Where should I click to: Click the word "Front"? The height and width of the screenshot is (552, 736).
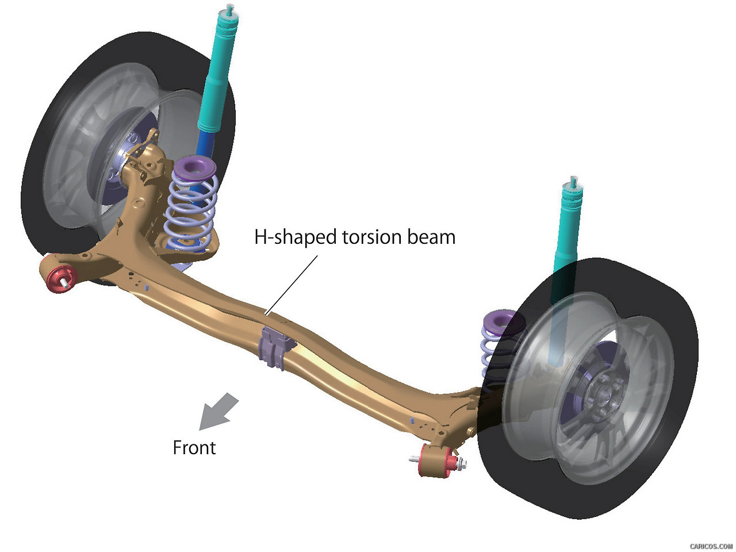click(x=194, y=447)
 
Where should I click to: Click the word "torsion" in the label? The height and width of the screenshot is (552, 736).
click(x=373, y=237)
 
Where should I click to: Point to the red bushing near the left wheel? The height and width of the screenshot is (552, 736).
click(x=57, y=275)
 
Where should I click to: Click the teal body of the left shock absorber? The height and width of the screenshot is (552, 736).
click(x=219, y=69)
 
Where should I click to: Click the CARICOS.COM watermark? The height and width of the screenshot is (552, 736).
click(x=711, y=546)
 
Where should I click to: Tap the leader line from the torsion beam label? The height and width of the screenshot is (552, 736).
click(x=292, y=285)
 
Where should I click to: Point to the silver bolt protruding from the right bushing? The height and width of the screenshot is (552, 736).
click(x=415, y=459)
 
